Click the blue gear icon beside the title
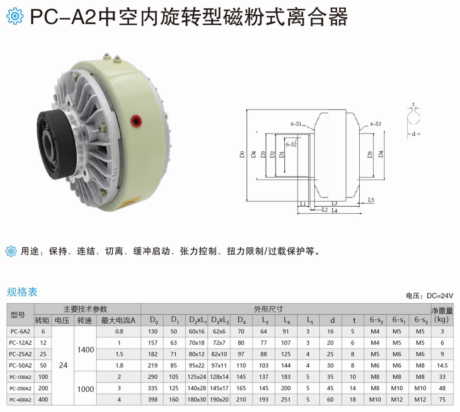click(x=15, y=16)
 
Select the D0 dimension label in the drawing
click(x=242, y=154)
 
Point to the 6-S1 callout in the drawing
click(x=296, y=124)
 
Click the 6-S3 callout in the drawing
click(x=375, y=124)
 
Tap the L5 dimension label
click(x=371, y=200)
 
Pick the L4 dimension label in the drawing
click(x=334, y=210)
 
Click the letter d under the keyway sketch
click(x=414, y=134)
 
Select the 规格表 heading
click(x=22, y=292)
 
